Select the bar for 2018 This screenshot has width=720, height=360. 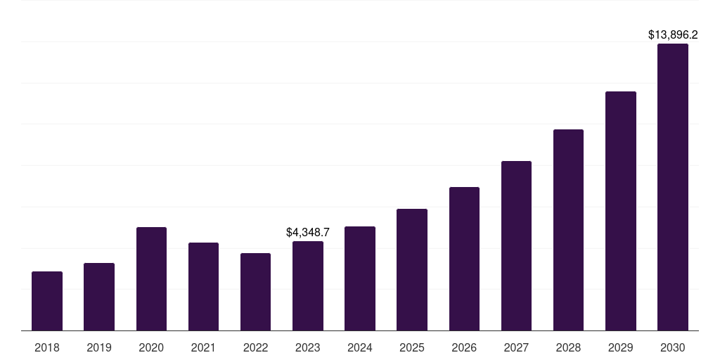47,301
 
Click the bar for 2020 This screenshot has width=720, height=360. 151,279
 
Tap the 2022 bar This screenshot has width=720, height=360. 255,292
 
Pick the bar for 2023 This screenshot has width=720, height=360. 308,286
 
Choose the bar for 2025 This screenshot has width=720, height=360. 412,270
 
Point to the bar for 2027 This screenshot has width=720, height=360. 516,246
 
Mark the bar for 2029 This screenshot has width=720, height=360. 620,211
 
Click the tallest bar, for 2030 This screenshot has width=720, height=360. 673,187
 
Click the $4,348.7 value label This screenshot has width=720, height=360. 308,232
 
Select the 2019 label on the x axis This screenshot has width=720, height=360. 99,347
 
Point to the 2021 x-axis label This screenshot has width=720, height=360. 203,347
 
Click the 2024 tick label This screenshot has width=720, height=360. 360,347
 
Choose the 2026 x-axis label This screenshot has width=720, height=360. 464,347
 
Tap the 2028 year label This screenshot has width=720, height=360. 568,347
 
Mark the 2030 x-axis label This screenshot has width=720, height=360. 673,347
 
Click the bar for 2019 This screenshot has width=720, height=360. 99,297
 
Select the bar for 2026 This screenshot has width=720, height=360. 464,259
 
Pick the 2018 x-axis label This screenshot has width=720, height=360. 47,347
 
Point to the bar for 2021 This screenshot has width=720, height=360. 203,287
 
